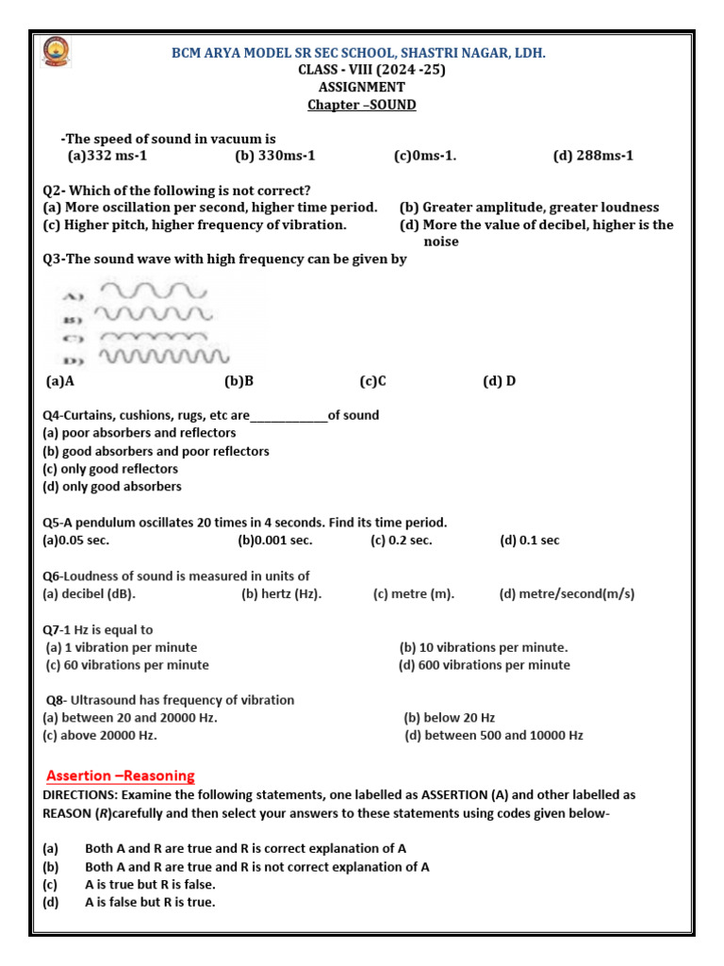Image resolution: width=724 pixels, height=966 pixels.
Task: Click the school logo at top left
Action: coord(53,55)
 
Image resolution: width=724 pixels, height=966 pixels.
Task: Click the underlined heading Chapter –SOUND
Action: coord(361,105)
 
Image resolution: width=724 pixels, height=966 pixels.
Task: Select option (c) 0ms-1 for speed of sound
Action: coord(425,156)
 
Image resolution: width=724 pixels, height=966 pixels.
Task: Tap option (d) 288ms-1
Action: coord(593,156)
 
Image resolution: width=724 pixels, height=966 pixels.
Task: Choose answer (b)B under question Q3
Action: coord(239,381)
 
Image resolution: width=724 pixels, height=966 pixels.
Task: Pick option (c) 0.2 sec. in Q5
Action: coord(402,541)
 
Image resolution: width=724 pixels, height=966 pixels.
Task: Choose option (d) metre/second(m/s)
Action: coord(567,593)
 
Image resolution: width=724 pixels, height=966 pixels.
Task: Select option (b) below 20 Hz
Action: coord(450,718)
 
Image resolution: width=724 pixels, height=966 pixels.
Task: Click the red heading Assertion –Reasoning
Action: coord(121,776)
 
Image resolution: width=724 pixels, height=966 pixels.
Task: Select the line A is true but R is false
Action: coord(150,884)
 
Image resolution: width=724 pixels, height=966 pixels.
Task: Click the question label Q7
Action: coord(53,629)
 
